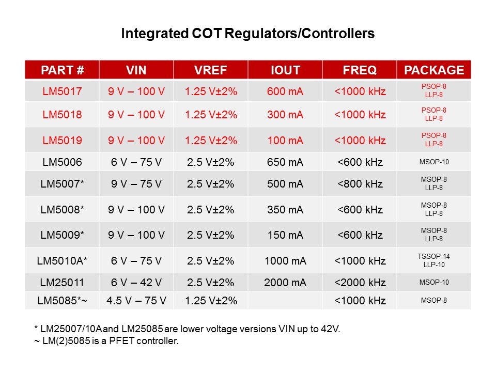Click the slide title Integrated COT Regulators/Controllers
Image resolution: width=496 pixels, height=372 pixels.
247,34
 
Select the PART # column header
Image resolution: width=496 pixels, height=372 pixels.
62,70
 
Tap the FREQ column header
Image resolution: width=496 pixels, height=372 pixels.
360,70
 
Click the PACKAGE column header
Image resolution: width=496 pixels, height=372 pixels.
434,70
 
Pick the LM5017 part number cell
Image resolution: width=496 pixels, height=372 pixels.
62,91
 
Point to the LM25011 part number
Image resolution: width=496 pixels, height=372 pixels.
62,283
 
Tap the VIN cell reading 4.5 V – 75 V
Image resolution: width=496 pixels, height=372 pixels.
136,301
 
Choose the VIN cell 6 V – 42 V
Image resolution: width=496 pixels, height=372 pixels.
136,283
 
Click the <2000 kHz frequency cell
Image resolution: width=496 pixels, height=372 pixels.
360,283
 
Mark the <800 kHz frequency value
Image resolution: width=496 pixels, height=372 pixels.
360,183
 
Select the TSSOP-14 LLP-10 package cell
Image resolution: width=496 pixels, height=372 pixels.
433,260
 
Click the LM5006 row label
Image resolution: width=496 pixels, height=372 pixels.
62,162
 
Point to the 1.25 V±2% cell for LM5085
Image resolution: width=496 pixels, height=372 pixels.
211,301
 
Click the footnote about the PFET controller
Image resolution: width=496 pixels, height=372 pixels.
105,342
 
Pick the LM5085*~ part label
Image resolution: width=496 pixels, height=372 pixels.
62,301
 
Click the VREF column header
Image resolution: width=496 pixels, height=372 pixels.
211,70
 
